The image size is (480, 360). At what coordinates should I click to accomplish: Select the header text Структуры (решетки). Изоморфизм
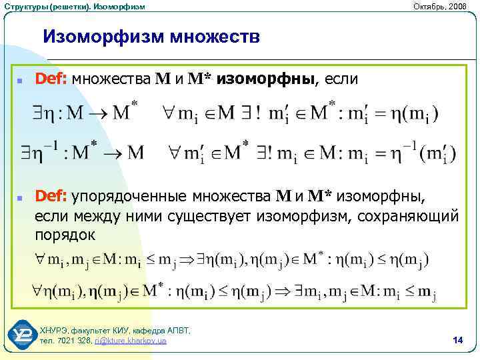click(x=73, y=6)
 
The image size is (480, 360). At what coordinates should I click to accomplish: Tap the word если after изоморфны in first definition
click(x=342, y=79)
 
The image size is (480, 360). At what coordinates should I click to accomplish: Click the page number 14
click(x=457, y=341)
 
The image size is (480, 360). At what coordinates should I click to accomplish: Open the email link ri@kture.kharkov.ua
click(x=131, y=341)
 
